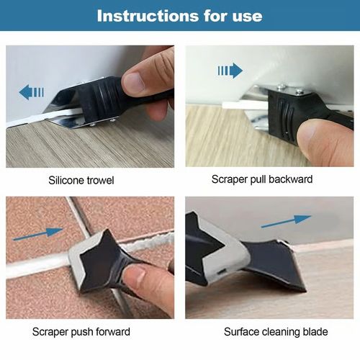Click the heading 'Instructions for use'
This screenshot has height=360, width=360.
click(x=179, y=15)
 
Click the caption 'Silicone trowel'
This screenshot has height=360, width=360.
click(x=91, y=179)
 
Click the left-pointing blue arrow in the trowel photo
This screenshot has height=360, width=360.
click(x=32, y=91)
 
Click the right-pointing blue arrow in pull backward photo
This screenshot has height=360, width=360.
click(x=230, y=70)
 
